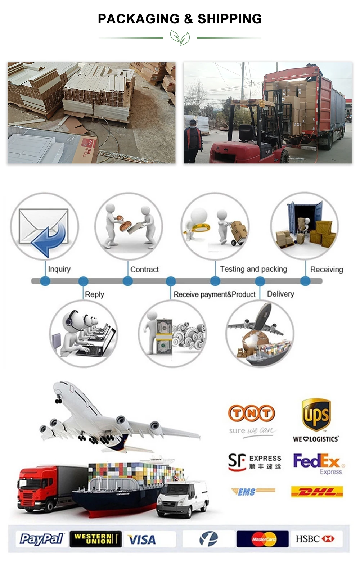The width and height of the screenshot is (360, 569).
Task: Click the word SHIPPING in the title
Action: click(230, 19)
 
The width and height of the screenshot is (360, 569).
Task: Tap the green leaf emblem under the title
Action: click(180, 37)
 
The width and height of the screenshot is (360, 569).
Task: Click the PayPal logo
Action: click(41, 539)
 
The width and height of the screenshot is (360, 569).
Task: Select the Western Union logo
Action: click(95, 539)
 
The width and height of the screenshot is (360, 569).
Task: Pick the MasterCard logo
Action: click(262, 539)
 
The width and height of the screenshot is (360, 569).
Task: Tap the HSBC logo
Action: click(315, 539)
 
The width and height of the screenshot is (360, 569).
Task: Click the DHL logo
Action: click(317, 492)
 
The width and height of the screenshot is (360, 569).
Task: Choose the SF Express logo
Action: click(255, 462)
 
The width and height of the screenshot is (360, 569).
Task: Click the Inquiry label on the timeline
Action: click(59, 269)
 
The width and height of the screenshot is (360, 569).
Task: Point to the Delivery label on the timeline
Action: click(280, 294)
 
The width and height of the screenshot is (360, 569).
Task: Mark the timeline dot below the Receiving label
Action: click(305, 281)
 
